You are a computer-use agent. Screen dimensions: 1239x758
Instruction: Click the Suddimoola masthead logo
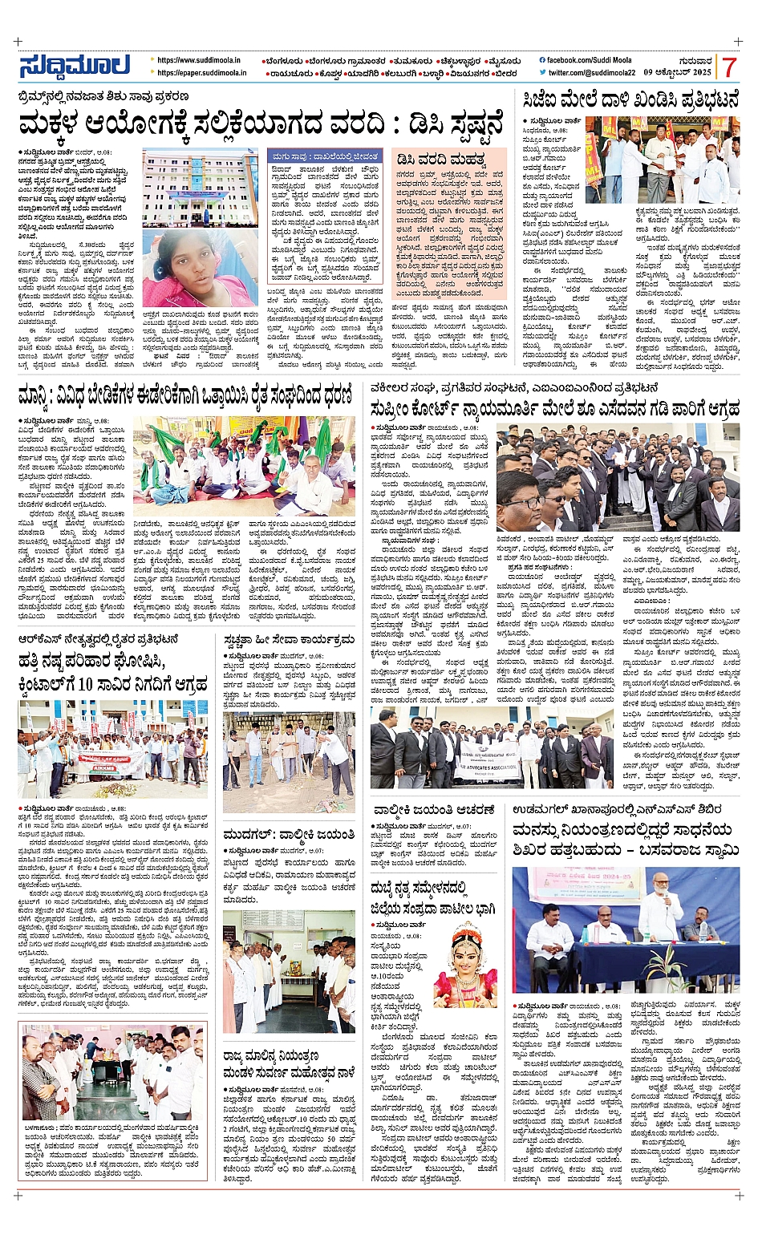pyautogui.click(x=74, y=66)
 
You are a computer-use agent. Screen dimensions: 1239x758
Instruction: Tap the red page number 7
pyautogui.click(x=728, y=67)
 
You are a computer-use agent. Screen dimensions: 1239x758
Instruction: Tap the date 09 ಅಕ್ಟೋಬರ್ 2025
pyautogui.click(x=678, y=73)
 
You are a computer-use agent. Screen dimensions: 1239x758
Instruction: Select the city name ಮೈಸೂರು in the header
pyautogui.click(x=504, y=61)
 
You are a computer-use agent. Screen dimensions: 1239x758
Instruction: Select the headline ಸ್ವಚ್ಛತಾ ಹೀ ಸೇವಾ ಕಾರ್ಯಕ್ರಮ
pyautogui.click(x=289, y=640)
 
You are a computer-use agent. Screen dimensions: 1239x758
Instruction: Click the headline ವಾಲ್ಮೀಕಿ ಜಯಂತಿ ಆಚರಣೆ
pyautogui.click(x=433, y=810)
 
